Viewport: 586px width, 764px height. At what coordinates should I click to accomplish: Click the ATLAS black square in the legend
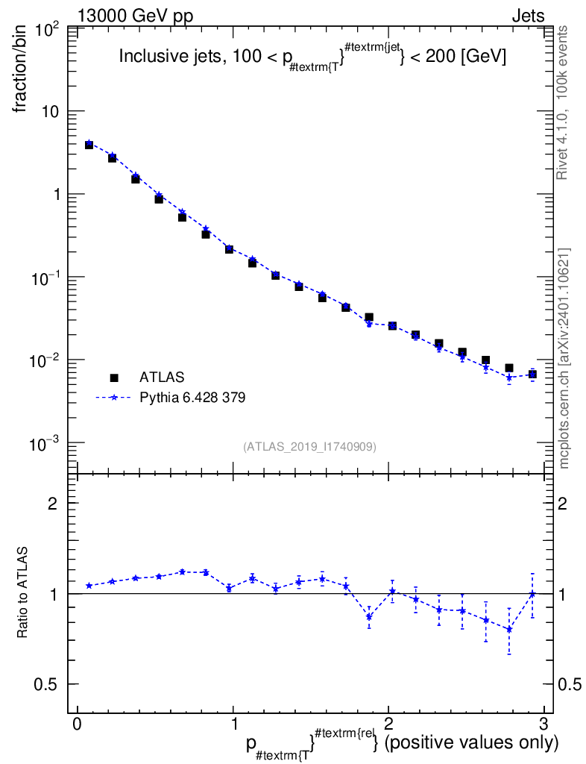click(114, 378)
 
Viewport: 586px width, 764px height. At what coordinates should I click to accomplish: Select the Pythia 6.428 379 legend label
click(192, 398)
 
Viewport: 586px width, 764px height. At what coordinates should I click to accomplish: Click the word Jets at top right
click(527, 16)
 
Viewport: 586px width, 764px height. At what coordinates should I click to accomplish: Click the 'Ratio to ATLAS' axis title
click(23, 593)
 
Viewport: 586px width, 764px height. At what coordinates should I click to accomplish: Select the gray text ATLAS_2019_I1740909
click(309, 447)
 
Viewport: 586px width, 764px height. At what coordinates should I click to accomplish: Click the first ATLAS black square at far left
click(89, 145)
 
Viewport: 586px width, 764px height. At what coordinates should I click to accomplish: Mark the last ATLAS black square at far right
click(532, 374)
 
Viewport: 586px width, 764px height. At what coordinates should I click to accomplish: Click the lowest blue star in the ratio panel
click(509, 629)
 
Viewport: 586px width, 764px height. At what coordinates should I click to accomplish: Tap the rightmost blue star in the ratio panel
click(532, 594)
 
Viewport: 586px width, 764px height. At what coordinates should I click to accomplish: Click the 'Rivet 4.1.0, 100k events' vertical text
click(563, 101)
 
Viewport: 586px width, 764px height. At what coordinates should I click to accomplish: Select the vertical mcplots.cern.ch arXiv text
click(564, 358)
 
